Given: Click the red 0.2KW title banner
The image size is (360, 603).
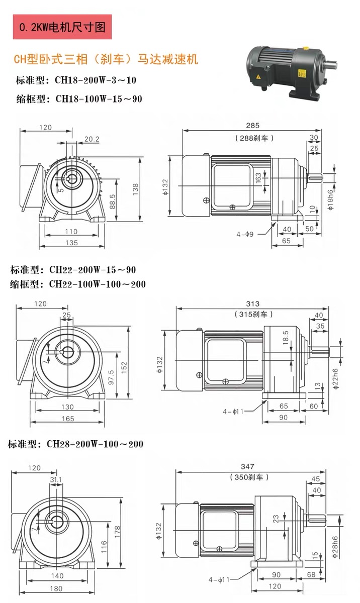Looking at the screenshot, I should (x=62, y=27).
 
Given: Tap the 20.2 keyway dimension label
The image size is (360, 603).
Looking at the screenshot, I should (x=92, y=139).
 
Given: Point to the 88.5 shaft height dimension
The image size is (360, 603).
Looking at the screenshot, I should (x=112, y=202).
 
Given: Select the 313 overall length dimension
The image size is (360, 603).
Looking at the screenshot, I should (x=253, y=304).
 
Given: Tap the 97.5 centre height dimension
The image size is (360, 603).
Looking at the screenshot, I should (x=112, y=376).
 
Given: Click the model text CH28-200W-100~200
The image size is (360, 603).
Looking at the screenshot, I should (x=75, y=444).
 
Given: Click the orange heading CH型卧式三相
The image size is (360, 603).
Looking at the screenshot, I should (x=106, y=60).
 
